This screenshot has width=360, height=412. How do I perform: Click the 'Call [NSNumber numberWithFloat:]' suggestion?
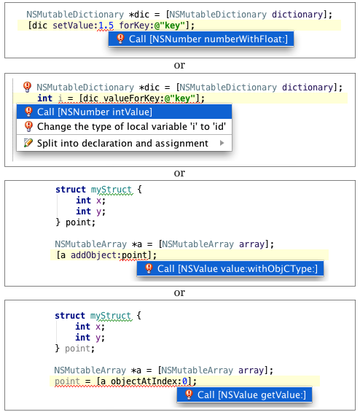click(x=201, y=39)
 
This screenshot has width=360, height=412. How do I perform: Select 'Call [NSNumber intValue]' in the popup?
click(x=124, y=112)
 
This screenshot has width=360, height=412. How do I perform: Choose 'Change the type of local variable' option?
click(x=124, y=127)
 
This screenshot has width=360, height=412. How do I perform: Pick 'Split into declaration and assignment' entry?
click(x=124, y=143)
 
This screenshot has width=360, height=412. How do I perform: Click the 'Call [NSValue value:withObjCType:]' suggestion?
click(x=230, y=268)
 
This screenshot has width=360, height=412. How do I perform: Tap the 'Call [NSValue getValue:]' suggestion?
click(x=244, y=394)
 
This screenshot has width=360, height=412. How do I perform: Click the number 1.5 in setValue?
click(x=106, y=26)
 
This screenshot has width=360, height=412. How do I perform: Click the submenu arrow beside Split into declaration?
click(x=222, y=143)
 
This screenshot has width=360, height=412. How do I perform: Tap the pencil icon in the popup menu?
click(x=28, y=143)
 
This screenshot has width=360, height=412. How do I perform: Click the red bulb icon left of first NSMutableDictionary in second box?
click(x=27, y=87)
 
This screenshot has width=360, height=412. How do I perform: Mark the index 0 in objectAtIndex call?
click(x=185, y=381)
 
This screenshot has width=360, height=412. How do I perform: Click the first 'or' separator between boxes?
click(x=179, y=65)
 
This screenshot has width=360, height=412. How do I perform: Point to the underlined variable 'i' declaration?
click(x=60, y=98)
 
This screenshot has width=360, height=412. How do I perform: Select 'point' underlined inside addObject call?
click(x=134, y=255)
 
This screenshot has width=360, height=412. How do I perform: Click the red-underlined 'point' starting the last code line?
click(x=67, y=381)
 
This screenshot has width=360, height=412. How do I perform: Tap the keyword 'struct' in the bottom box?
click(x=70, y=316)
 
